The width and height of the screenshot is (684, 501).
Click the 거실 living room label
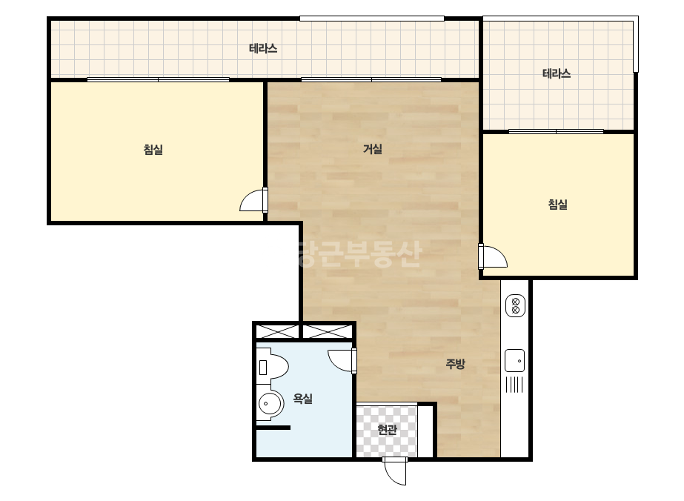point(373,149)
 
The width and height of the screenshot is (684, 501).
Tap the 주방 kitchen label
point(456,364)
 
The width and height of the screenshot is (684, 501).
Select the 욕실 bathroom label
point(303,398)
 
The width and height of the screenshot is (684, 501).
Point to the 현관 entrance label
point(387,430)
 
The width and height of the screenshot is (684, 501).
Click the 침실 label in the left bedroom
point(153,150)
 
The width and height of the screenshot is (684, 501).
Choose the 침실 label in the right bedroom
point(557,205)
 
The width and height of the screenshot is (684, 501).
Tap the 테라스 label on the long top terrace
point(263,48)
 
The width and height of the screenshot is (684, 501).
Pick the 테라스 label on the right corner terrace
point(557,73)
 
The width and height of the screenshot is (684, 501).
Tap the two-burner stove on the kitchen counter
point(515,305)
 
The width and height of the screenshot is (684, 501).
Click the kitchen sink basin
point(515,361)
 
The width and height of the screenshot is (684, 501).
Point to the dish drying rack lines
point(514,385)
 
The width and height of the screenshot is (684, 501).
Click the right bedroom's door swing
point(493,256)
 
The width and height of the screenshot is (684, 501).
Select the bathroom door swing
point(342,361)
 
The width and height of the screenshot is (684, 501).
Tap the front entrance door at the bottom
point(395,471)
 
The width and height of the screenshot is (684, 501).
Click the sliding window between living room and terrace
point(371,79)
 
